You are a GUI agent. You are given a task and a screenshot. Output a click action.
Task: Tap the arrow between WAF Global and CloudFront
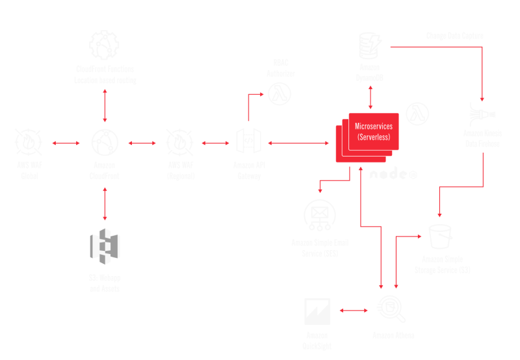click(66, 142)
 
